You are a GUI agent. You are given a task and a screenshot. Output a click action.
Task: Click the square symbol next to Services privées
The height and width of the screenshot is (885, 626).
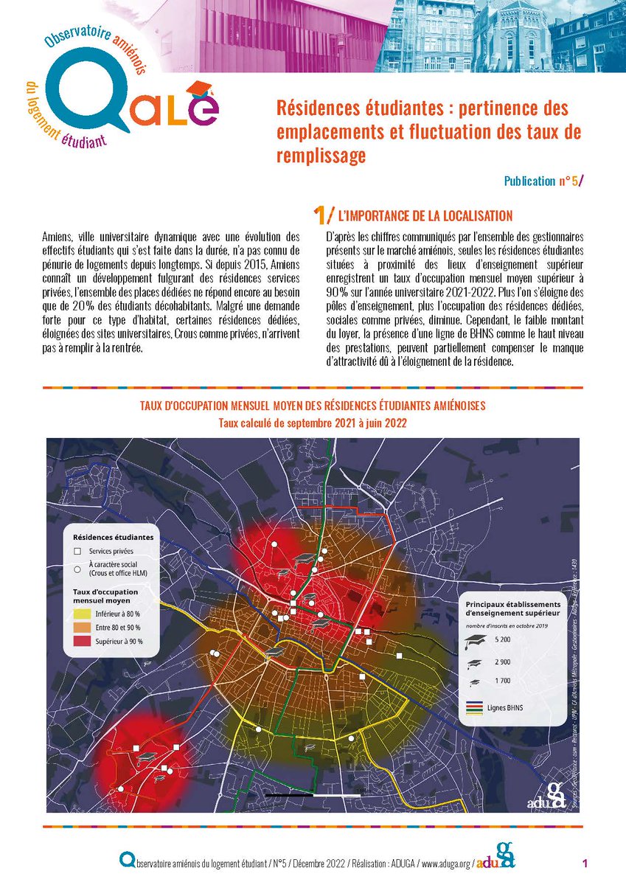(x=77, y=551)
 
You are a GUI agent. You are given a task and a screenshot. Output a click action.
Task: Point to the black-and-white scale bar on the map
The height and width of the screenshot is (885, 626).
(x=313, y=795)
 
